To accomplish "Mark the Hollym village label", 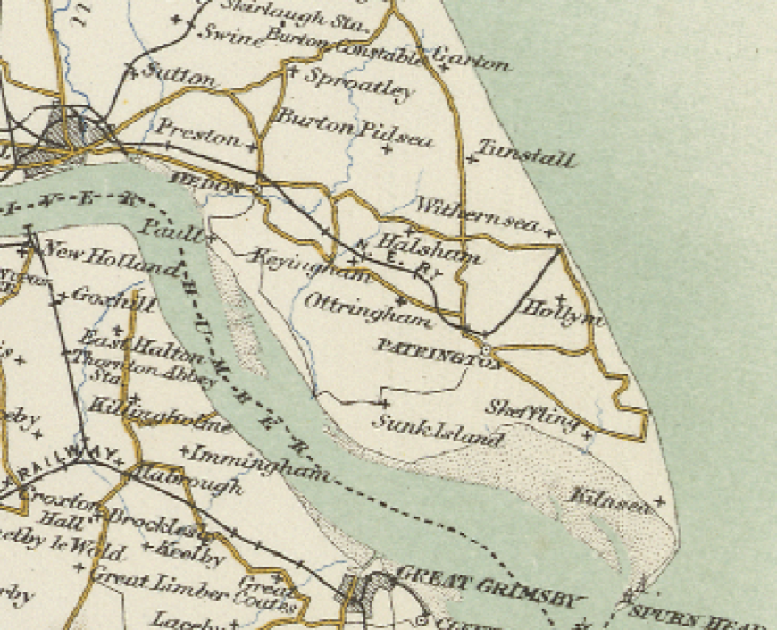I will [564, 315].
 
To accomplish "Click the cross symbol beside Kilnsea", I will [660, 503].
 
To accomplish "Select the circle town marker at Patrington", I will [487, 350].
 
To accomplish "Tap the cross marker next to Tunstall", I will [470, 159].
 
